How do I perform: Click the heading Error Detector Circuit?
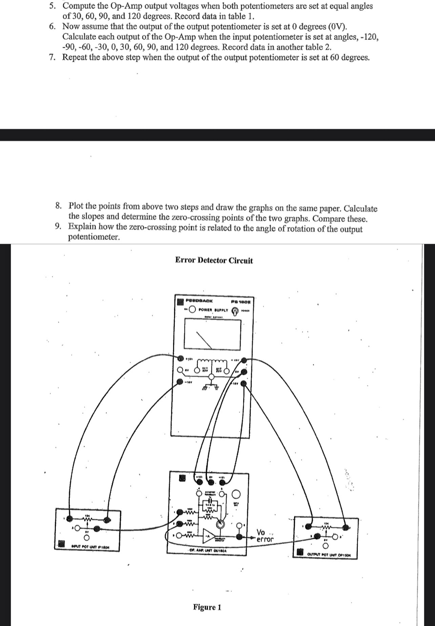[x=214, y=260]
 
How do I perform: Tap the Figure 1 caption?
[x=207, y=607]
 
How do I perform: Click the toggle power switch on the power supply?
[x=234, y=311]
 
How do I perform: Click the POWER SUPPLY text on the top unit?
[x=213, y=310]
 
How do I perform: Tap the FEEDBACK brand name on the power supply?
[x=200, y=300]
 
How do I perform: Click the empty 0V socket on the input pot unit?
[x=87, y=538]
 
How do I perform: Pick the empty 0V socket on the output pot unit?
[x=326, y=546]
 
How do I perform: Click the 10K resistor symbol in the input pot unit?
[x=87, y=518]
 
